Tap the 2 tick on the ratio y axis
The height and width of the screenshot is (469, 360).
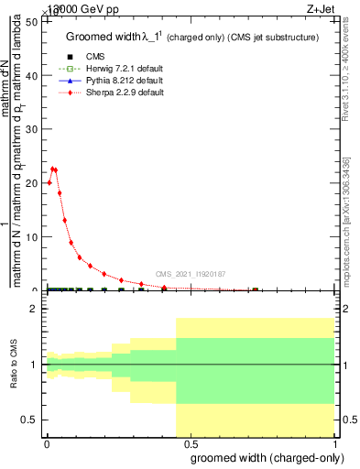[35, 309]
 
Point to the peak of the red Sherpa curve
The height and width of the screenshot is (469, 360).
[53, 169]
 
